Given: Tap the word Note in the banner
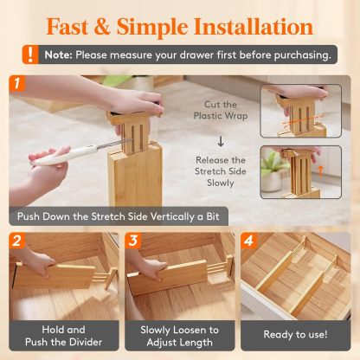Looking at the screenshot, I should pos(59,55).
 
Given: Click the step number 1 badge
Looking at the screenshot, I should pos(19,85).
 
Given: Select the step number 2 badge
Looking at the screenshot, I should pos(18,241).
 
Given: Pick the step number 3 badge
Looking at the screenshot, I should pos(134,241).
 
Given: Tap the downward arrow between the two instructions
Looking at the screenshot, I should pos(221,140).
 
